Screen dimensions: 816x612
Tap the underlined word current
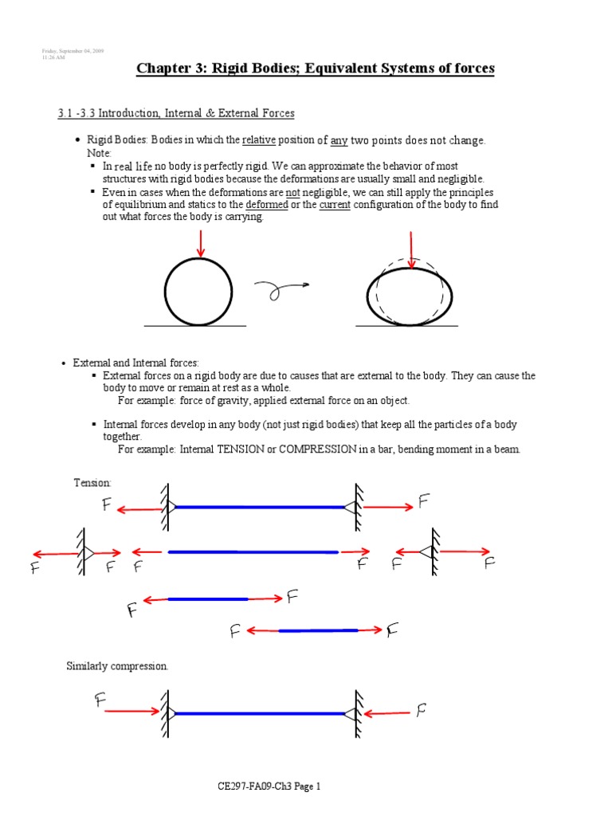click(335, 205)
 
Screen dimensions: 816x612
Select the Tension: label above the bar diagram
click(92, 483)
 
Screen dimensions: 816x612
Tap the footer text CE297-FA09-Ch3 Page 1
click(269, 787)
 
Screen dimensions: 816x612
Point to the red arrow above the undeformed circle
click(200, 243)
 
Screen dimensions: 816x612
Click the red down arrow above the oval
click(411, 249)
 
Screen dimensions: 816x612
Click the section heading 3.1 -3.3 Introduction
click(175, 113)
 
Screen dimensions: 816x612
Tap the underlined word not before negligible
click(292, 193)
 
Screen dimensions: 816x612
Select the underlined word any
click(339, 140)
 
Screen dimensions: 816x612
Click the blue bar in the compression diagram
click(260, 712)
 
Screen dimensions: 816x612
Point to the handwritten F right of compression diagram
click(421, 709)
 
